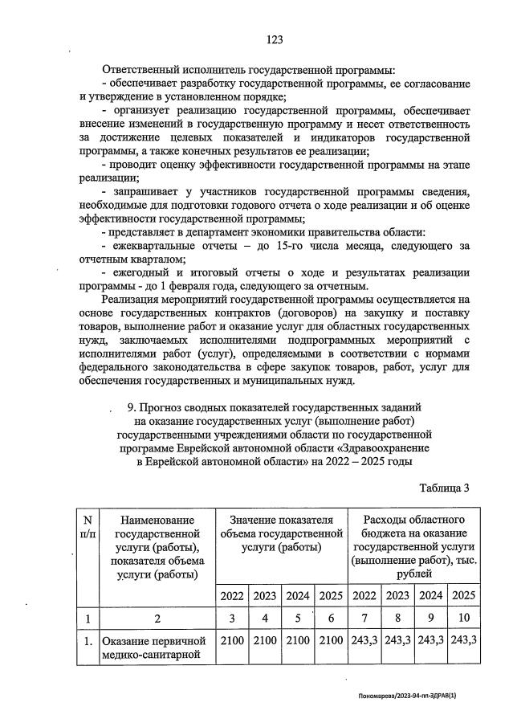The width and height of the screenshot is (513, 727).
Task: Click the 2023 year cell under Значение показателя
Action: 264,596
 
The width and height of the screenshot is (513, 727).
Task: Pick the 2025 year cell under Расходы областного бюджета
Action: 463,595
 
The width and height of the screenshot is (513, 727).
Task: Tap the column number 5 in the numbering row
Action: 297,619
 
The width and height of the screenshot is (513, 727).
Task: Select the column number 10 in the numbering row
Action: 463,619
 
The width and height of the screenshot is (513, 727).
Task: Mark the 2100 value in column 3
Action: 231,641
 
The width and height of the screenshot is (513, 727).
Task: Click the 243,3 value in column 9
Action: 431,641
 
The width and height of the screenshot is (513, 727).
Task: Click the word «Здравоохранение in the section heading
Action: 381,447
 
